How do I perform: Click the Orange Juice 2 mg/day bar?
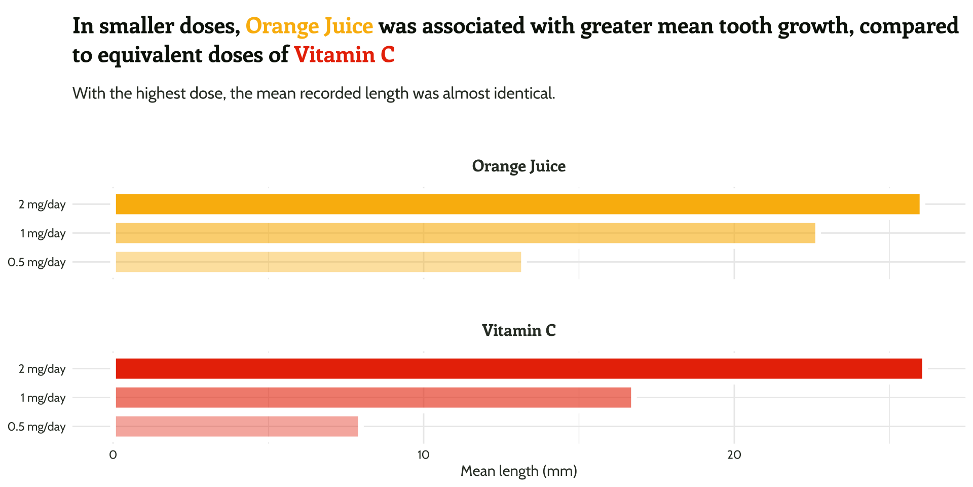[517, 204]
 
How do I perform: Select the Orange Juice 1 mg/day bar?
[465, 233]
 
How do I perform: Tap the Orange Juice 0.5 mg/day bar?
[318, 262]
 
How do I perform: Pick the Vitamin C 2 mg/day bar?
[518, 368]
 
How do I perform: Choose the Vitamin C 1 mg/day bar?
[373, 397]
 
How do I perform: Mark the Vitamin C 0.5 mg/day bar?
[237, 426]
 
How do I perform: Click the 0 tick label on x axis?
[113, 455]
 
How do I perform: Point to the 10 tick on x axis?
[423, 455]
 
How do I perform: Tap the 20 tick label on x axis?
[734, 455]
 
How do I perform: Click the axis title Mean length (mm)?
[518, 471]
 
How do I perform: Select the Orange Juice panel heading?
[518, 166]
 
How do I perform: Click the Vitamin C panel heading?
[518, 330]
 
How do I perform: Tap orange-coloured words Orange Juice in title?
[309, 26]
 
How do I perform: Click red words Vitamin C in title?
[344, 55]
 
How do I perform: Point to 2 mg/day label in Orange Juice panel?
[42, 204]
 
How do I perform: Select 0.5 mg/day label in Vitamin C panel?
[36, 427]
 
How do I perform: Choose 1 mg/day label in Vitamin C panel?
[43, 398]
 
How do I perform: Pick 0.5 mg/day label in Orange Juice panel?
[36, 262]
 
